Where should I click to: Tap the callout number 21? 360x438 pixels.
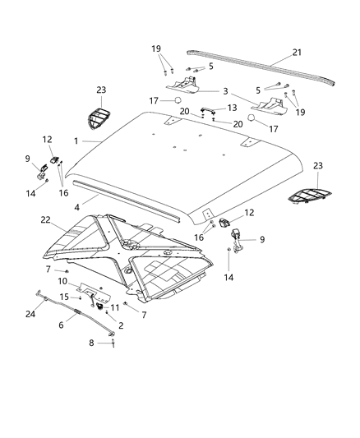pos(297,53)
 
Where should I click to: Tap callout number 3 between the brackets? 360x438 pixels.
pos(224,91)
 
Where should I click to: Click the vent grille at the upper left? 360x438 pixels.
pos(99,119)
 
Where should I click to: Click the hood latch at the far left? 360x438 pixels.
pos(40,168)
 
